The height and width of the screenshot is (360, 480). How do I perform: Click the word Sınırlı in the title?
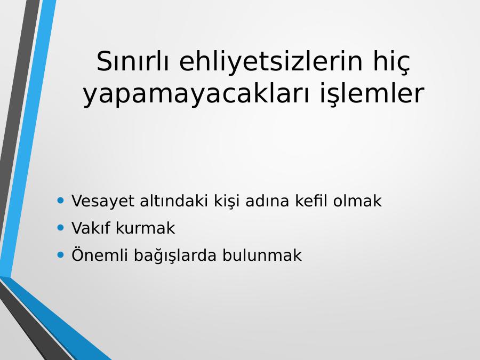pyautogui.click(x=132, y=61)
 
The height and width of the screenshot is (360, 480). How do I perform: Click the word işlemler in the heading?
pyautogui.click(x=372, y=94)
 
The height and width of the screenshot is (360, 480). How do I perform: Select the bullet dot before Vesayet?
pyautogui.click(x=61, y=201)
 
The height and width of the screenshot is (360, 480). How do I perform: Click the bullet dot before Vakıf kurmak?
pyautogui.click(x=61, y=227)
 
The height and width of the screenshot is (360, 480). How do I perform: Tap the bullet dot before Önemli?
pyautogui.click(x=61, y=255)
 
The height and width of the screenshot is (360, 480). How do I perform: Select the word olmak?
pyautogui.click(x=357, y=201)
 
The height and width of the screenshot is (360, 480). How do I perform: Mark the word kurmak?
pyautogui.click(x=146, y=228)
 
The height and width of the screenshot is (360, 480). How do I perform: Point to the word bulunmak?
pyautogui.click(x=262, y=255)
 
